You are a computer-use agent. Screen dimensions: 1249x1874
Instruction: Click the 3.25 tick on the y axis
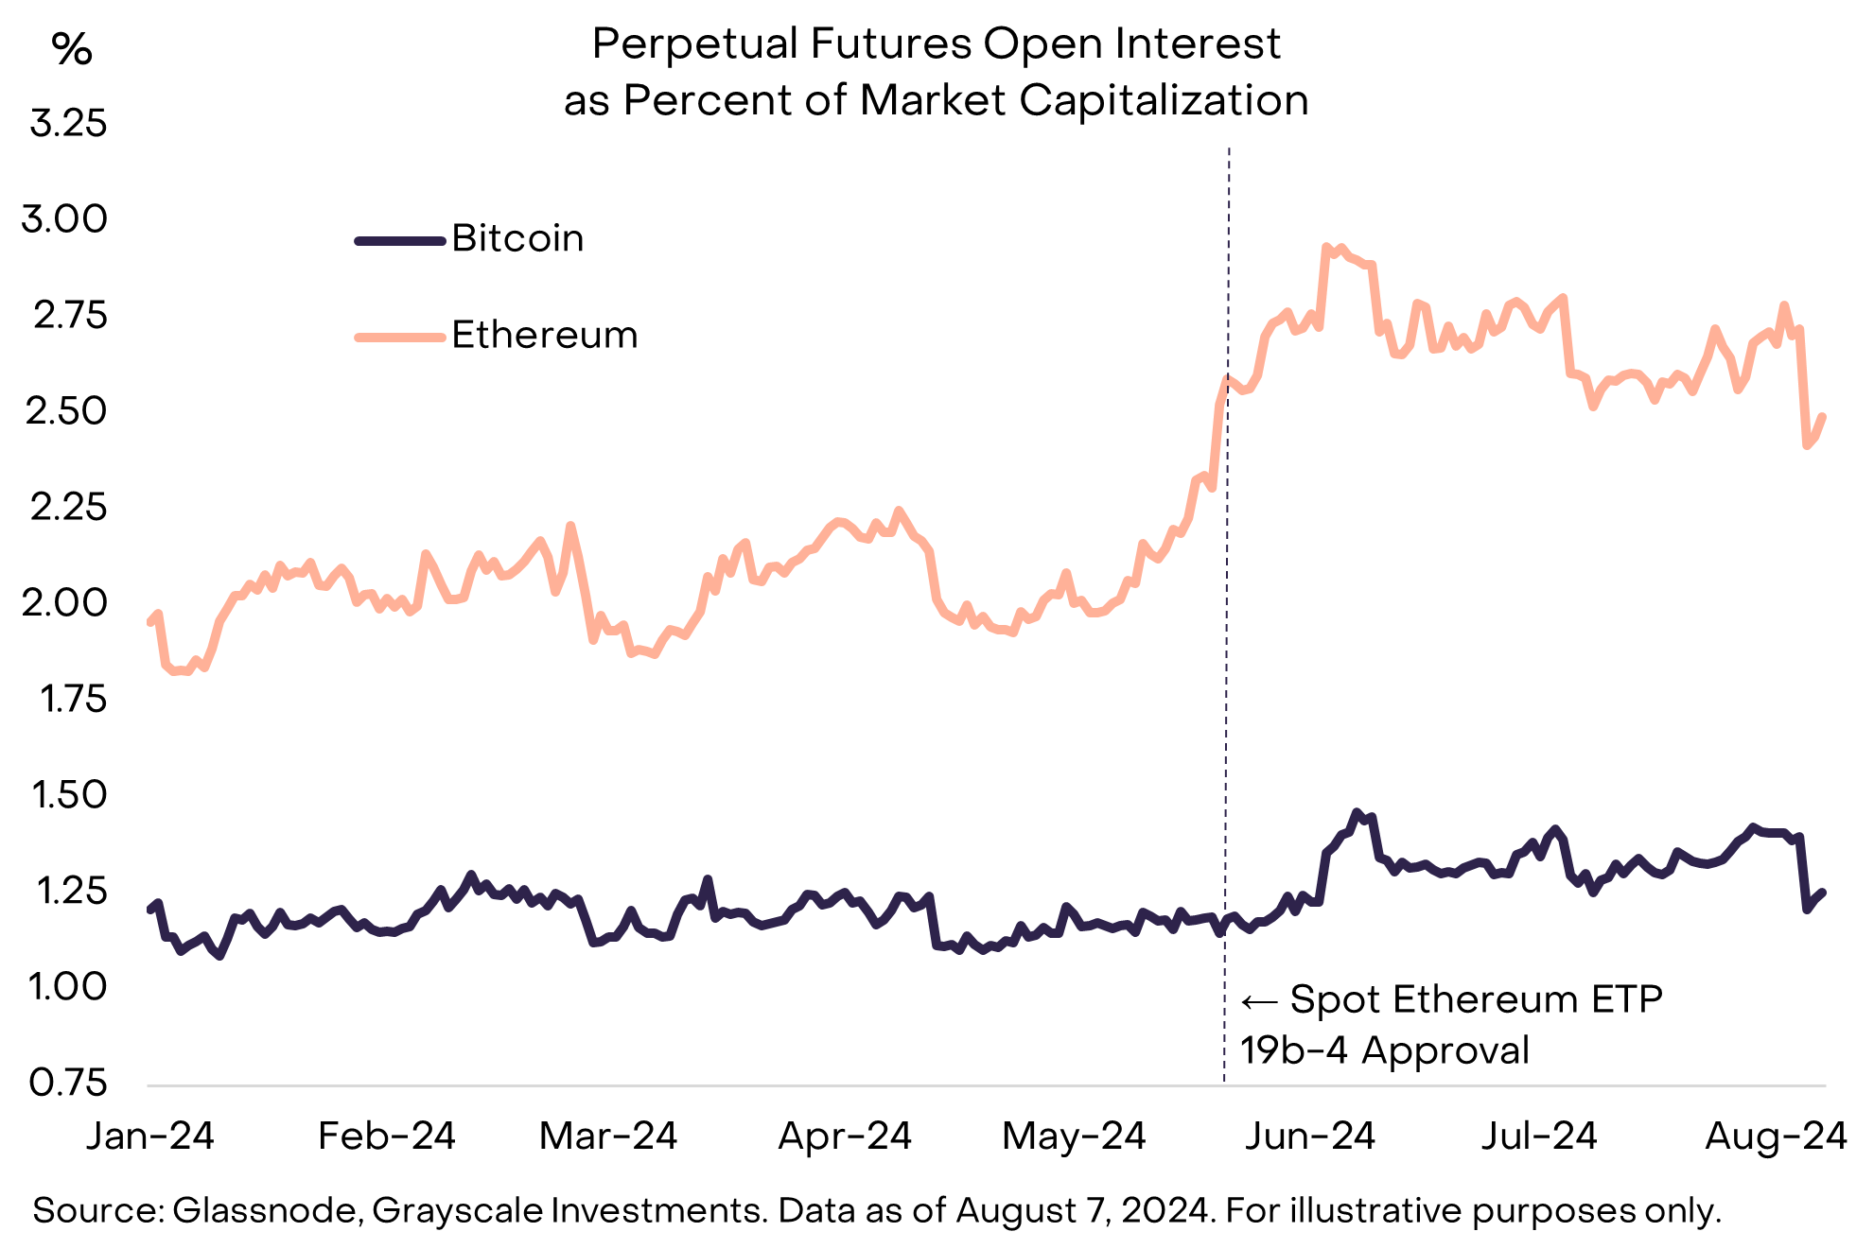(x=68, y=124)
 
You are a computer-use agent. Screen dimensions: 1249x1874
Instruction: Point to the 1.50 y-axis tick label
(x=68, y=795)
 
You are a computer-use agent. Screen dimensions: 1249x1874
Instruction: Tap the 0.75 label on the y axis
(x=68, y=1083)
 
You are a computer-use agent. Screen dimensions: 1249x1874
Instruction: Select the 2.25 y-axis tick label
(x=68, y=508)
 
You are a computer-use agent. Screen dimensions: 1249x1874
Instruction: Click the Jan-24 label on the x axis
(x=150, y=1136)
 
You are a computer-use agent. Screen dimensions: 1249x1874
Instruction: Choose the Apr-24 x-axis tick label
(x=844, y=1136)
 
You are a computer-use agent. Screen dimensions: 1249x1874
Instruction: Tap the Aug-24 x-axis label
(x=1776, y=1136)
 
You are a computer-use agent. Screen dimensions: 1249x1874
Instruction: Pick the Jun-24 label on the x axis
(x=1309, y=1136)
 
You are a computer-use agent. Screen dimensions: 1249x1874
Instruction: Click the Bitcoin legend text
(x=517, y=238)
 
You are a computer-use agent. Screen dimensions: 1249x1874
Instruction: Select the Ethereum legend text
(x=545, y=335)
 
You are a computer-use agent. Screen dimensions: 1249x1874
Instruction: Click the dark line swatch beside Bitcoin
(x=399, y=241)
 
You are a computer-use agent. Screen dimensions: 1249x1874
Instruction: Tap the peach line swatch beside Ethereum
(x=399, y=337)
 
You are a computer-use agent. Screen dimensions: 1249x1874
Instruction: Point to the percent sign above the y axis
(x=72, y=49)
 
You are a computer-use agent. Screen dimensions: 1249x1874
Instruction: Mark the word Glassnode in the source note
(x=266, y=1210)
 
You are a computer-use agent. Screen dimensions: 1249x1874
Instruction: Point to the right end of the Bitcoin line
(x=1822, y=892)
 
